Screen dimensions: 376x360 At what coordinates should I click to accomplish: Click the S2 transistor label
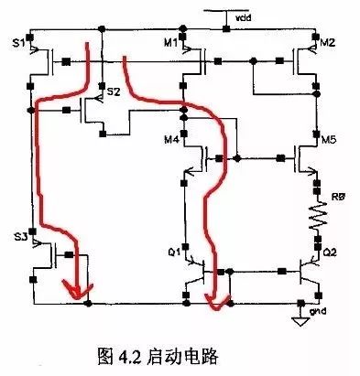pyautogui.click(x=113, y=92)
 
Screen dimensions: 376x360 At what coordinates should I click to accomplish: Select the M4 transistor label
pyautogui.click(x=170, y=140)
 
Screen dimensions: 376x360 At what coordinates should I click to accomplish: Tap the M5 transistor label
pyautogui.click(x=329, y=140)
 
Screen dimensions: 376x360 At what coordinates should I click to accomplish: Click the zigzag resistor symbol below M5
pyautogui.click(x=317, y=218)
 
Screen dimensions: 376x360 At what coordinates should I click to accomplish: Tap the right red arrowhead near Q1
pyautogui.click(x=213, y=297)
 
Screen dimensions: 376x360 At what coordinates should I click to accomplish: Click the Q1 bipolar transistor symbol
pyautogui.click(x=195, y=273)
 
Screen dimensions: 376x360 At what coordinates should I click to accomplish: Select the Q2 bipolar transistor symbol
pyautogui.click(x=307, y=273)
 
